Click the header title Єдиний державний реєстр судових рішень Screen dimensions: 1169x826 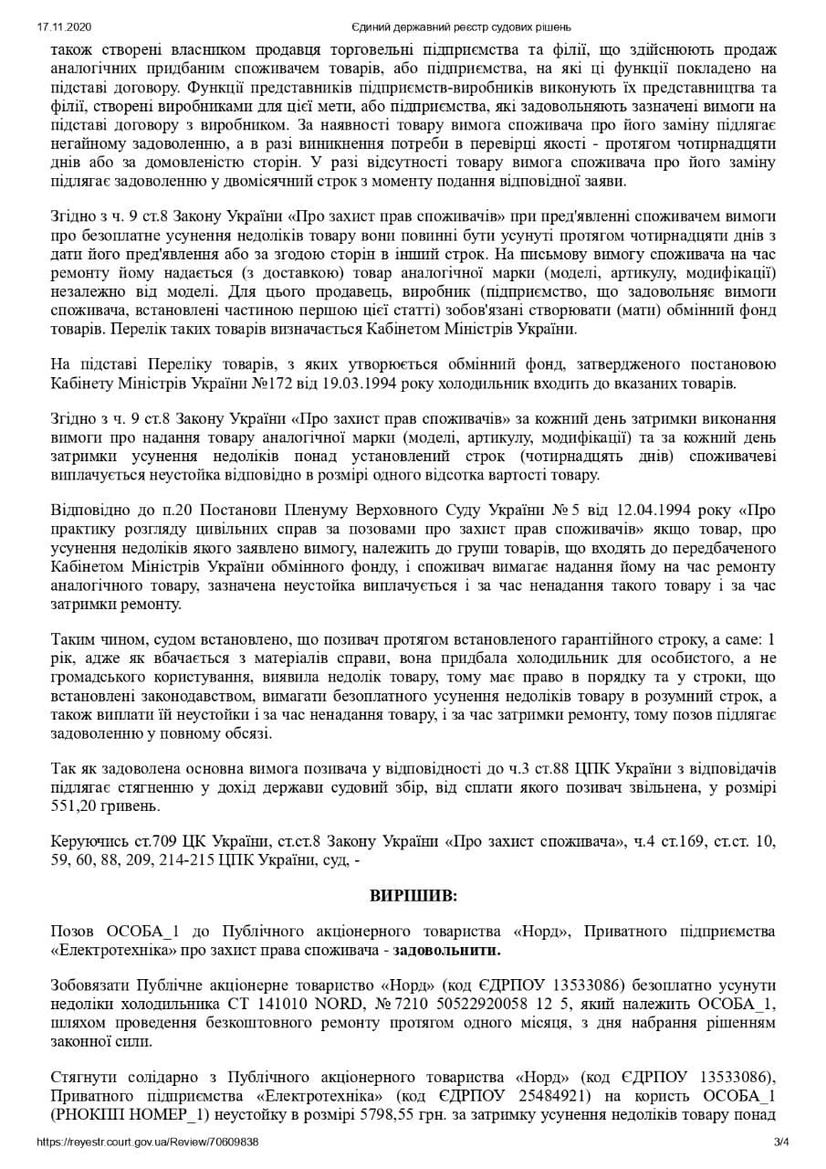(x=461, y=26)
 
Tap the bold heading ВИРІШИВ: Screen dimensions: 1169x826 (x=413, y=895)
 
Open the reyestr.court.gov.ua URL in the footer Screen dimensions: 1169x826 (x=148, y=1142)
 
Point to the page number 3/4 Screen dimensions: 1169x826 (x=781, y=1142)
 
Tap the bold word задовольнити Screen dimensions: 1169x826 (x=446, y=950)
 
